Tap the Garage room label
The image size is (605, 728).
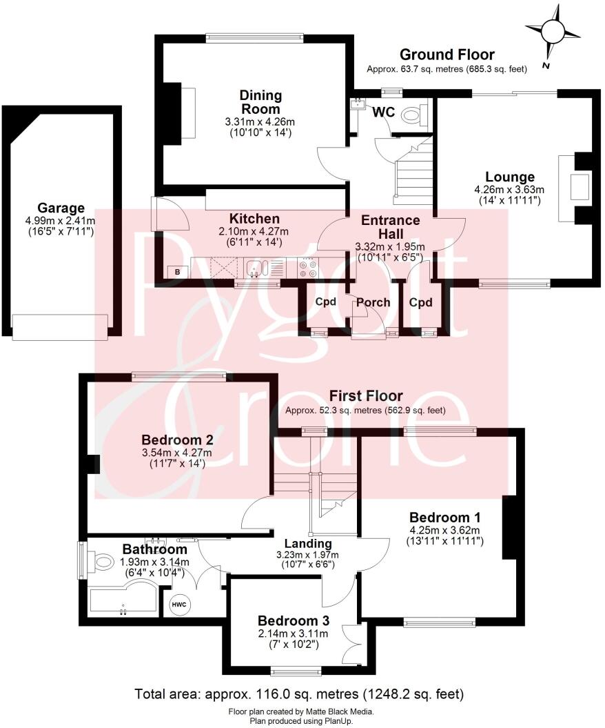[61, 208]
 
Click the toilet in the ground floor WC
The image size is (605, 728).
[415, 113]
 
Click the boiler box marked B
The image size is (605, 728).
[177, 272]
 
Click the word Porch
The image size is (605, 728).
[373, 302]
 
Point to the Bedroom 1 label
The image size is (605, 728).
[445, 518]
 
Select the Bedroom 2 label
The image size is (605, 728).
[177, 440]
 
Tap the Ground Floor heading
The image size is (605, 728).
[447, 55]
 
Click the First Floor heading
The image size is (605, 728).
[365, 396]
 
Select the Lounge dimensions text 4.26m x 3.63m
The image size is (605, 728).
[509, 190]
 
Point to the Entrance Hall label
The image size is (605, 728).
[390, 227]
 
